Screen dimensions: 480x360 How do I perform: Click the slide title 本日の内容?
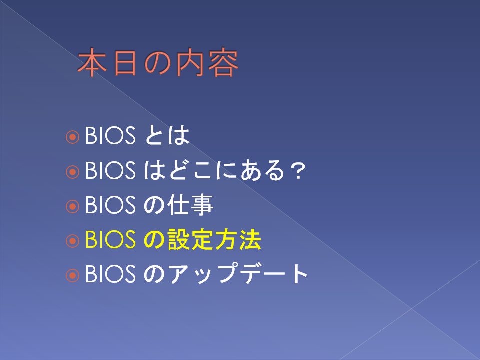coord(158,62)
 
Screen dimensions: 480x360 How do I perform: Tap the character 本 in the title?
coord(92,63)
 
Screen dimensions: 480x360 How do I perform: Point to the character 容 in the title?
coord(223,62)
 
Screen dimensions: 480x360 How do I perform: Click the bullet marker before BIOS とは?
coord(72,137)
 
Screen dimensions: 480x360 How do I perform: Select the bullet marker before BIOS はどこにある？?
coord(72,172)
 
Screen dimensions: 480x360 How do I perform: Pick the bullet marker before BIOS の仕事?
coord(72,206)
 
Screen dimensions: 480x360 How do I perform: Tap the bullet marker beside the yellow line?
coord(72,241)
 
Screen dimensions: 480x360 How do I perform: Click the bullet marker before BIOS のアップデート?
coord(72,276)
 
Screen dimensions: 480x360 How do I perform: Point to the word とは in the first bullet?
coord(167,135)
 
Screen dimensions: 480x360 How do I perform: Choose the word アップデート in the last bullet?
coord(237,273)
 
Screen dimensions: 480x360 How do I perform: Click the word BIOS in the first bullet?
coord(110,135)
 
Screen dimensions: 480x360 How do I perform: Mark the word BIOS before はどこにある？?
coord(110,170)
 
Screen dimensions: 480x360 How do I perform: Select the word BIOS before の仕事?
coord(110,205)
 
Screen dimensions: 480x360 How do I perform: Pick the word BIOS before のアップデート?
coord(110,274)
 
